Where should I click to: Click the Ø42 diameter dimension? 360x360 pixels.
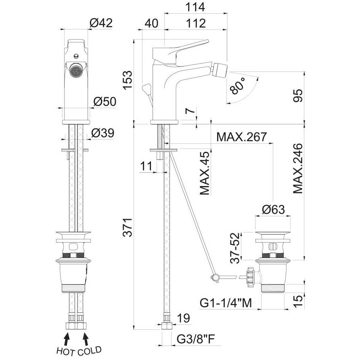(101, 23)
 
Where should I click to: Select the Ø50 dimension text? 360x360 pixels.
(105, 101)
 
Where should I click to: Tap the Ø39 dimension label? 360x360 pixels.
(103, 133)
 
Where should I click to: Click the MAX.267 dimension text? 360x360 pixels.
(241, 137)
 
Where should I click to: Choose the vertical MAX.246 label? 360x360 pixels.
(298, 169)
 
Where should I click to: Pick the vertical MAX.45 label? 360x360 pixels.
(205, 173)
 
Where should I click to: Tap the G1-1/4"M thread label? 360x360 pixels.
(226, 303)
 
